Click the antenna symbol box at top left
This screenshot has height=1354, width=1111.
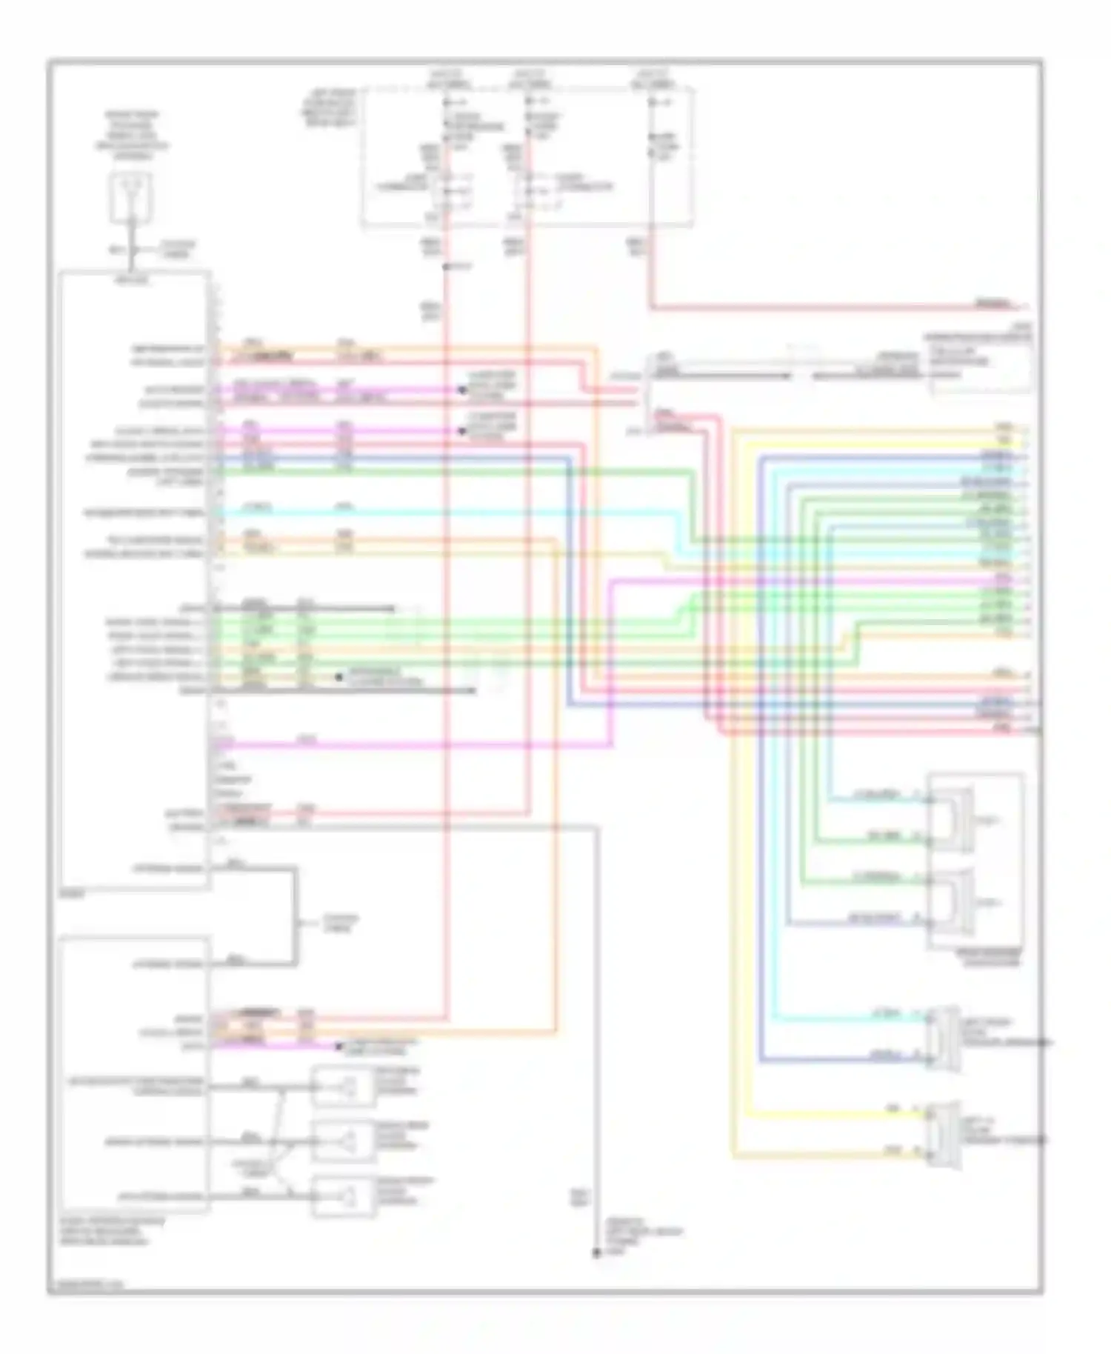click(131, 197)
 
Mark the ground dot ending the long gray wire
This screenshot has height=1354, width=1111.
click(596, 1253)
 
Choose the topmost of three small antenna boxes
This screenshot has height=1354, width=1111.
click(343, 1087)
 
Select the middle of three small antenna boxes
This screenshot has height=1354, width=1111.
click(343, 1141)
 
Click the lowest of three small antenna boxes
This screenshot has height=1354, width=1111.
click(343, 1195)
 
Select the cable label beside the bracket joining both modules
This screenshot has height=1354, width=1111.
click(340, 923)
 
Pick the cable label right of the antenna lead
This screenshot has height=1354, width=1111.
click(178, 248)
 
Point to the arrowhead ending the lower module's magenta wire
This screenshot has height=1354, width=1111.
click(338, 1045)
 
